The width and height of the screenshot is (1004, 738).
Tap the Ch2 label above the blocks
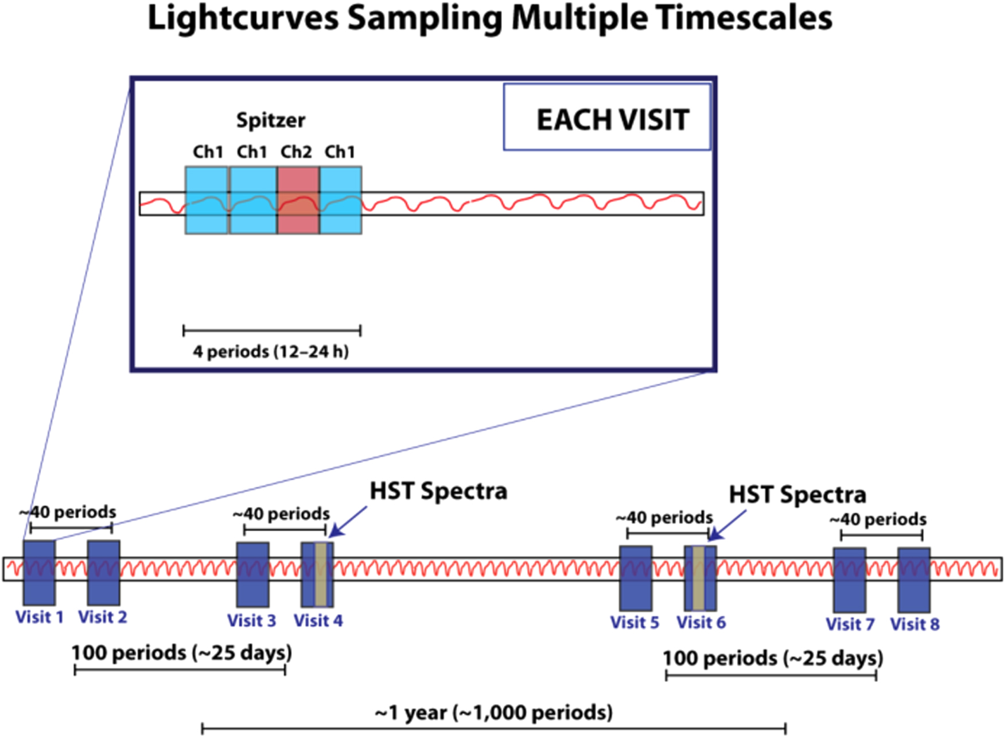pyautogui.click(x=296, y=152)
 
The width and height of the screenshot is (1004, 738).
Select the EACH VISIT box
pyautogui.click(x=607, y=118)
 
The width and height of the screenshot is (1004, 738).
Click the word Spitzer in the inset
pyautogui.click(x=271, y=121)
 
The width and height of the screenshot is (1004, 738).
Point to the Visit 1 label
pyautogui.click(x=40, y=617)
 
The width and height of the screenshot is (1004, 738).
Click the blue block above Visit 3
pyautogui.click(x=252, y=574)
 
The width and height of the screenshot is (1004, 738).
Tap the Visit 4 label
pyautogui.click(x=318, y=621)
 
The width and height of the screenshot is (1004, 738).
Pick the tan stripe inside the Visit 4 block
pyautogui.click(x=321, y=574)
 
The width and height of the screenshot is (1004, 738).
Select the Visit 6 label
pyautogui.click(x=701, y=623)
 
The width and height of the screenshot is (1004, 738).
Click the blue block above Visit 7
pyautogui.click(x=849, y=580)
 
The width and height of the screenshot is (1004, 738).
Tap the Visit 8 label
pyautogui.click(x=915, y=624)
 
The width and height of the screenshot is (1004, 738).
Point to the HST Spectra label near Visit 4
pyautogui.click(x=438, y=491)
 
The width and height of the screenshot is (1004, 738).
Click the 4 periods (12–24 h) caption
pyautogui.click(x=271, y=351)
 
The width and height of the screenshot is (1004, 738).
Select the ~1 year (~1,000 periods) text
pyautogui.click(x=493, y=713)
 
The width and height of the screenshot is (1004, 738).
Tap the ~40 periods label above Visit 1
pyautogui.click(x=68, y=512)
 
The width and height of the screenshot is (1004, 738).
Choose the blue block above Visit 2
pyautogui.click(x=103, y=573)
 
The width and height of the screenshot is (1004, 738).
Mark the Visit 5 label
pyautogui.click(x=635, y=623)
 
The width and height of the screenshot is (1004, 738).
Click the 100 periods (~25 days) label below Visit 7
pyautogui.click(x=773, y=658)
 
